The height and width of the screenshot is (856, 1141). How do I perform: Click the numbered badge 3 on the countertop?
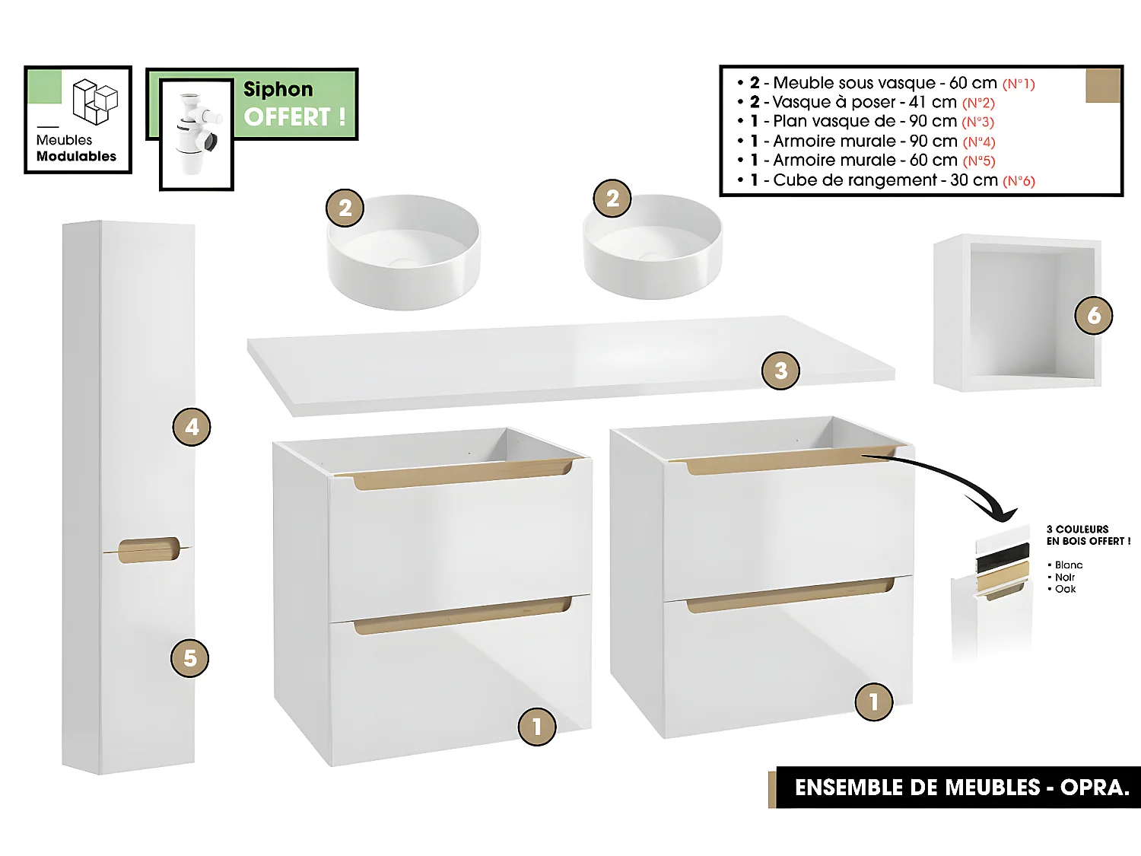click(x=780, y=371)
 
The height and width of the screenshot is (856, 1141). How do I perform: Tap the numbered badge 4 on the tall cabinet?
click(x=192, y=427)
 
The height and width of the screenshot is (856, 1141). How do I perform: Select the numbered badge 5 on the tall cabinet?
click(x=189, y=658)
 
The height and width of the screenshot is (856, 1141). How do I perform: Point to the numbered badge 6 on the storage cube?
click(x=1093, y=315)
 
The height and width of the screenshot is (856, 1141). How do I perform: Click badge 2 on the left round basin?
click(x=345, y=208)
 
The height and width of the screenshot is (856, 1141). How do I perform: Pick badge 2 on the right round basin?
click(x=612, y=199)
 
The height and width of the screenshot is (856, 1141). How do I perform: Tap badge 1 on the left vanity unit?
click(x=537, y=727)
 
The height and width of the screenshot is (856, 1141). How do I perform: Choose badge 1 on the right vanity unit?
click(x=873, y=702)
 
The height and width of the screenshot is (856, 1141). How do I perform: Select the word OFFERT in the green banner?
click(x=287, y=117)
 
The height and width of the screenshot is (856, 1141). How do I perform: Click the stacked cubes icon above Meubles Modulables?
click(x=95, y=101)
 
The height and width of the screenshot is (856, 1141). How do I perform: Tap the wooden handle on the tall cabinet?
click(x=149, y=550)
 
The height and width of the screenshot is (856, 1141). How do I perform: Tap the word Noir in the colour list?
click(x=1065, y=577)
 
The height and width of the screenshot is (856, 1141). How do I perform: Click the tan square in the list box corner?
click(x=1102, y=85)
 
